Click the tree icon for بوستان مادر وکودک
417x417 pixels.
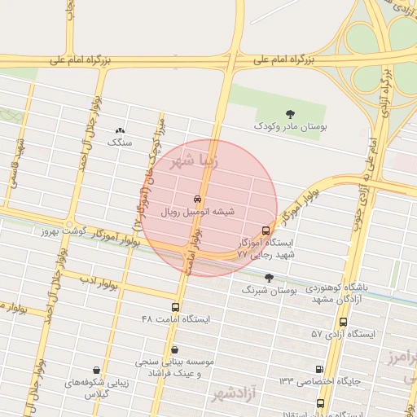pos(291,114)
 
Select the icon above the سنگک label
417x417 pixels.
pos(121,129)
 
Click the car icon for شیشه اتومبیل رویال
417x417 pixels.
pos(198,199)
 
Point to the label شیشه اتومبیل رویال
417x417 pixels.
pos(198,212)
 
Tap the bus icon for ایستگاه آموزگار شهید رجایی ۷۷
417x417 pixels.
pos(266,230)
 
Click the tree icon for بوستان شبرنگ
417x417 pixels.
pos(270,278)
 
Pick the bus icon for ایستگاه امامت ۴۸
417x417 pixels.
pos(176,307)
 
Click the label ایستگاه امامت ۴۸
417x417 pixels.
pos(176,319)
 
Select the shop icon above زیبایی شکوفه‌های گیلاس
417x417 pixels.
pos(97,371)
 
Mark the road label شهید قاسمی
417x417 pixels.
pos(18,165)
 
